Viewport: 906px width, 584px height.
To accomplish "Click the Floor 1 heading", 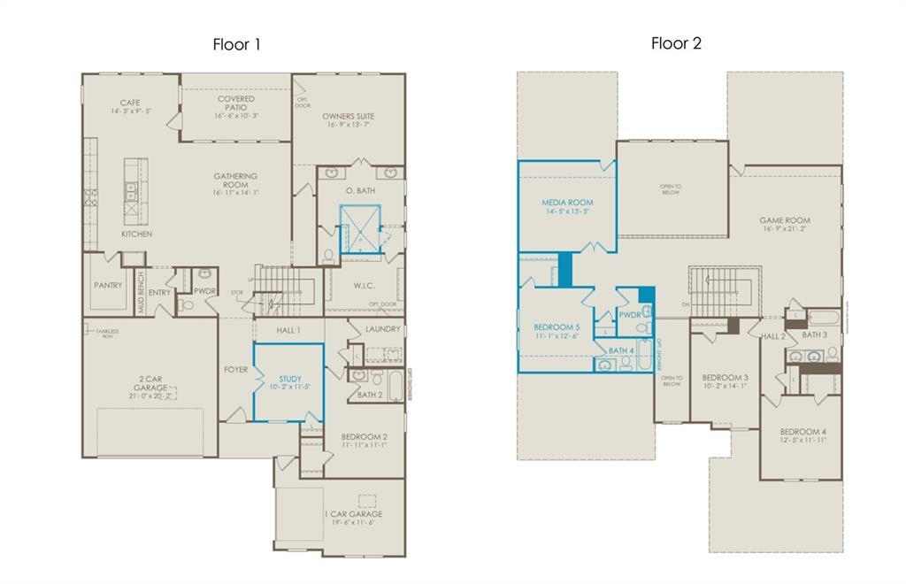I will pos(236,44).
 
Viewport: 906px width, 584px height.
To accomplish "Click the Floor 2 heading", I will pos(676,43).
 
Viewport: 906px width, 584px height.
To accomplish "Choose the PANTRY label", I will pos(107,286).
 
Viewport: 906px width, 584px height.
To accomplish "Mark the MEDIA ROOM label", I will pos(567,203).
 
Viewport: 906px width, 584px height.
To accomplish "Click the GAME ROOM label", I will pos(784,220).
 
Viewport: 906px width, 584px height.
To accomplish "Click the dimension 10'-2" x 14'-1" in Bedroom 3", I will pos(725,387).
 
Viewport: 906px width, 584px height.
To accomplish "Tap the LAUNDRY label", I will pos(383,329).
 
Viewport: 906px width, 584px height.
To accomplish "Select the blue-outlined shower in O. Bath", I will pos(360,228).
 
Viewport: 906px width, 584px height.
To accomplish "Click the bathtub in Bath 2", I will pos(395,387).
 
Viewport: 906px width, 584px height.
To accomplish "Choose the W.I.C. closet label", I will pos(364,285).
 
